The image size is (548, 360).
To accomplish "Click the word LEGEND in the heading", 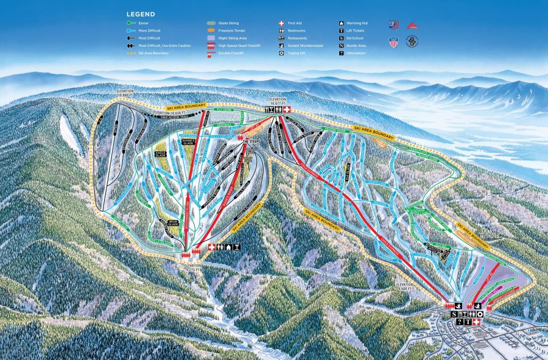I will [141, 14].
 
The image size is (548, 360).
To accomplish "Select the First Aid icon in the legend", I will [281, 23].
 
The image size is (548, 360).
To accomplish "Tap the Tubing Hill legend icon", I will [281, 53].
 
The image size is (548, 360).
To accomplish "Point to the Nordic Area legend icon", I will [341, 46].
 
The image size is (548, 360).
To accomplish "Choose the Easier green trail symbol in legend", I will [131, 23].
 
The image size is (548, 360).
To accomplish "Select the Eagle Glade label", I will [160, 154].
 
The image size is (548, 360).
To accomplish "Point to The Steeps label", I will [251, 141].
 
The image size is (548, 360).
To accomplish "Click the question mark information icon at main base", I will [460, 322].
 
